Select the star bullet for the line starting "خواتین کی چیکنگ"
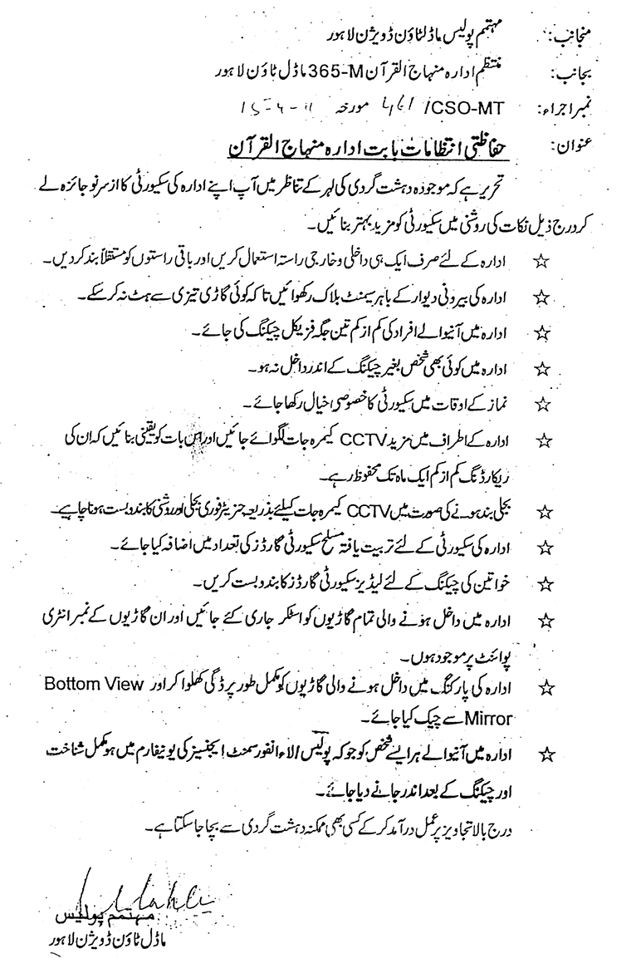(x=545, y=582)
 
